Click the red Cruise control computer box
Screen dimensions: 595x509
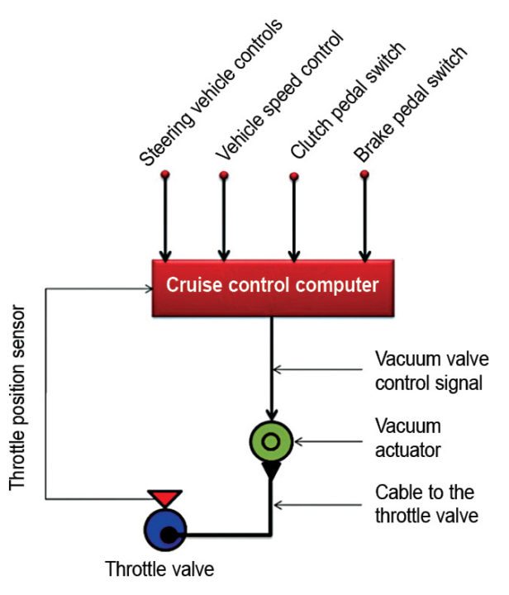click(x=272, y=287)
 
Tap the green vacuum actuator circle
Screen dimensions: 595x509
click(x=270, y=442)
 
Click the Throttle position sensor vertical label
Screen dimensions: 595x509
click(x=19, y=400)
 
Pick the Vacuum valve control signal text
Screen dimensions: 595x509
click(x=432, y=371)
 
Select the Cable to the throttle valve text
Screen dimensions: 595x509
click(x=423, y=504)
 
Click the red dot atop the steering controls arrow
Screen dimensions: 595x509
click(x=165, y=174)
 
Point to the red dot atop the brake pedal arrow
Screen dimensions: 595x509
click(x=364, y=174)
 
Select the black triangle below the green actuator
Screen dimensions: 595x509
click(x=270, y=472)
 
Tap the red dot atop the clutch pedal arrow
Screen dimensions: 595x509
click(x=293, y=175)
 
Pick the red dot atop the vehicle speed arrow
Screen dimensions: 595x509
click(x=223, y=175)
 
